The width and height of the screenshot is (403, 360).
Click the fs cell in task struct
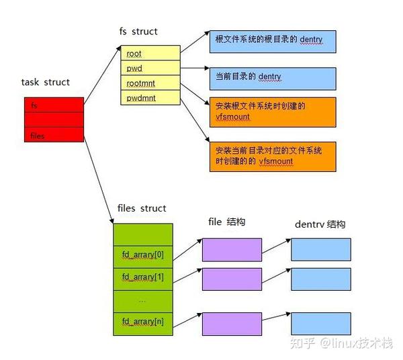click(x=53, y=105)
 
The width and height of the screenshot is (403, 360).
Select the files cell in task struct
click(x=53, y=135)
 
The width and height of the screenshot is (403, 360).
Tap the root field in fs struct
click(x=150, y=53)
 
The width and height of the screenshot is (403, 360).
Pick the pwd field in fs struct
click(x=150, y=68)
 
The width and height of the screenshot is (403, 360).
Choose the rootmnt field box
click(x=150, y=83)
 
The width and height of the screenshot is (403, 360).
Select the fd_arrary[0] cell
click(x=143, y=255)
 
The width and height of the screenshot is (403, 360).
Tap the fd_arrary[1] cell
click(x=143, y=277)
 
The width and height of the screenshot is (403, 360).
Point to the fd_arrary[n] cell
click(x=143, y=322)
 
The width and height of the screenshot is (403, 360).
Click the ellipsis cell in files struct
click(x=143, y=300)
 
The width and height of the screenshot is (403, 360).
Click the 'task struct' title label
click(x=46, y=83)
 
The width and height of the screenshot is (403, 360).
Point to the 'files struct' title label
click(x=142, y=208)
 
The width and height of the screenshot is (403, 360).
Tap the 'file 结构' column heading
click(x=227, y=222)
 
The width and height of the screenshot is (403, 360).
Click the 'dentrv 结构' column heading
click(x=320, y=224)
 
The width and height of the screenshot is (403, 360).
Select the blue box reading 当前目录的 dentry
click(x=272, y=77)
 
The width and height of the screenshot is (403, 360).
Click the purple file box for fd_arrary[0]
click(x=232, y=250)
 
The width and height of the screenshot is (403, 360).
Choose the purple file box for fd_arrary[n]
click(x=232, y=323)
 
